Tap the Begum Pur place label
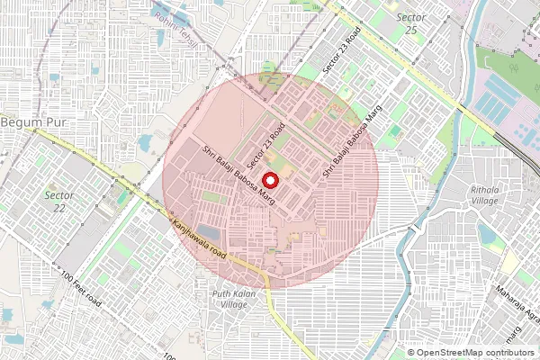(x=29, y=121)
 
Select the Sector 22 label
(x=59, y=201)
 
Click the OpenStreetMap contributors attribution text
(x=476, y=352)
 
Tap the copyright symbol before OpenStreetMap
(x=411, y=352)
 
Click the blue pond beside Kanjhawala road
(x=209, y=232)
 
